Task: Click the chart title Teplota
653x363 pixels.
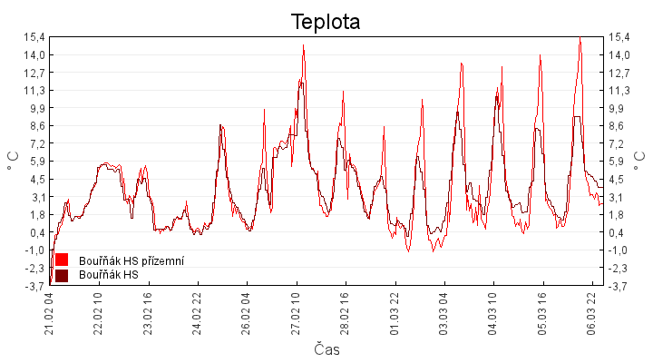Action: coord(326,22)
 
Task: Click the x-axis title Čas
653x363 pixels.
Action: coord(326,348)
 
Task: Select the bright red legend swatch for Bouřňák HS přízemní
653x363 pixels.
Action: coord(62,260)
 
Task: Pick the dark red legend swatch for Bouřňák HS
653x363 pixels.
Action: coord(62,275)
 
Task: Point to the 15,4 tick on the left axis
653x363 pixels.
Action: coord(33,36)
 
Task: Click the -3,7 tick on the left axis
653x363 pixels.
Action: coord(33,286)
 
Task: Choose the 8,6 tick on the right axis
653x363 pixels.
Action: coord(619,125)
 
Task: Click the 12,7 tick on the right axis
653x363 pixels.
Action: coord(621,72)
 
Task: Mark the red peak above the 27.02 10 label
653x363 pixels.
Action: coord(304,45)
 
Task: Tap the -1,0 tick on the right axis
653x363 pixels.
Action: coord(620,250)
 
